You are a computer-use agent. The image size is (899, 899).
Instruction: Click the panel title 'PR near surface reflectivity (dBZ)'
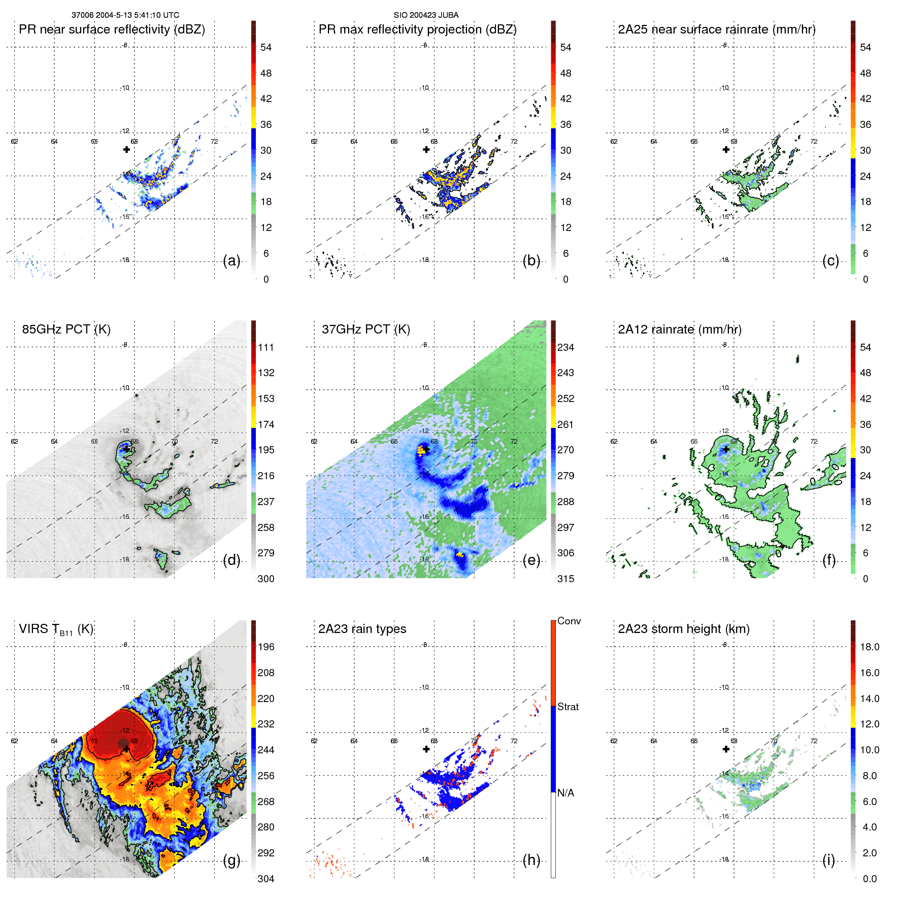coord(112,29)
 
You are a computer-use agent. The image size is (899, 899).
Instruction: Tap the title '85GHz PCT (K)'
coord(66,329)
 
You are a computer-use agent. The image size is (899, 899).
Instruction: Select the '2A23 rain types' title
coord(362,629)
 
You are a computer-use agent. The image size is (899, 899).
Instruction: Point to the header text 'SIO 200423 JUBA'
coord(426,15)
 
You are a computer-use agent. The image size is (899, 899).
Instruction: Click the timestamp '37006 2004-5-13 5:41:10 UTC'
coord(125,15)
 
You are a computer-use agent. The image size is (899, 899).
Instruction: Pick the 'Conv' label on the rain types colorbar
coord(569,621)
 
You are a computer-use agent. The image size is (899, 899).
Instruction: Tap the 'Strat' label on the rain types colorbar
coord(568,707)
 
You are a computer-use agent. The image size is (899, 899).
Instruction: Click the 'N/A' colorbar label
coord(565,793)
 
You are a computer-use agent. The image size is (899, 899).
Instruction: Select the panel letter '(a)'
coord(231,260)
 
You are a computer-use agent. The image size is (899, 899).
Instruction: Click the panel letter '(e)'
coord(531,560)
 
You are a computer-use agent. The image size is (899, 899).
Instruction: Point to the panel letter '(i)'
coord(828,860)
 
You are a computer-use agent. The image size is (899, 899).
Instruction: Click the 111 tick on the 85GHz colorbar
coord(266,347)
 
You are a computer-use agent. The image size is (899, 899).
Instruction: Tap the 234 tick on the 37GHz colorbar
coord(565,347)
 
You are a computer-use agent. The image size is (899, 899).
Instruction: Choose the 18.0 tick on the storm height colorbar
coord(869,647)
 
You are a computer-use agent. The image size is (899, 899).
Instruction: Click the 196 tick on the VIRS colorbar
coord(266,647)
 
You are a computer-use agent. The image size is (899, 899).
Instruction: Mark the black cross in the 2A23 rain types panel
coord(426,749)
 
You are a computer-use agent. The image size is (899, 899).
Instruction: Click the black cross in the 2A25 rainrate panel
coord(726,149)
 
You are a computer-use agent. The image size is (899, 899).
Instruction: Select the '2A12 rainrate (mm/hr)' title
coord(679,329)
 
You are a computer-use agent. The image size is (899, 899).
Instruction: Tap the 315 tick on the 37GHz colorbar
coord(565,579)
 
